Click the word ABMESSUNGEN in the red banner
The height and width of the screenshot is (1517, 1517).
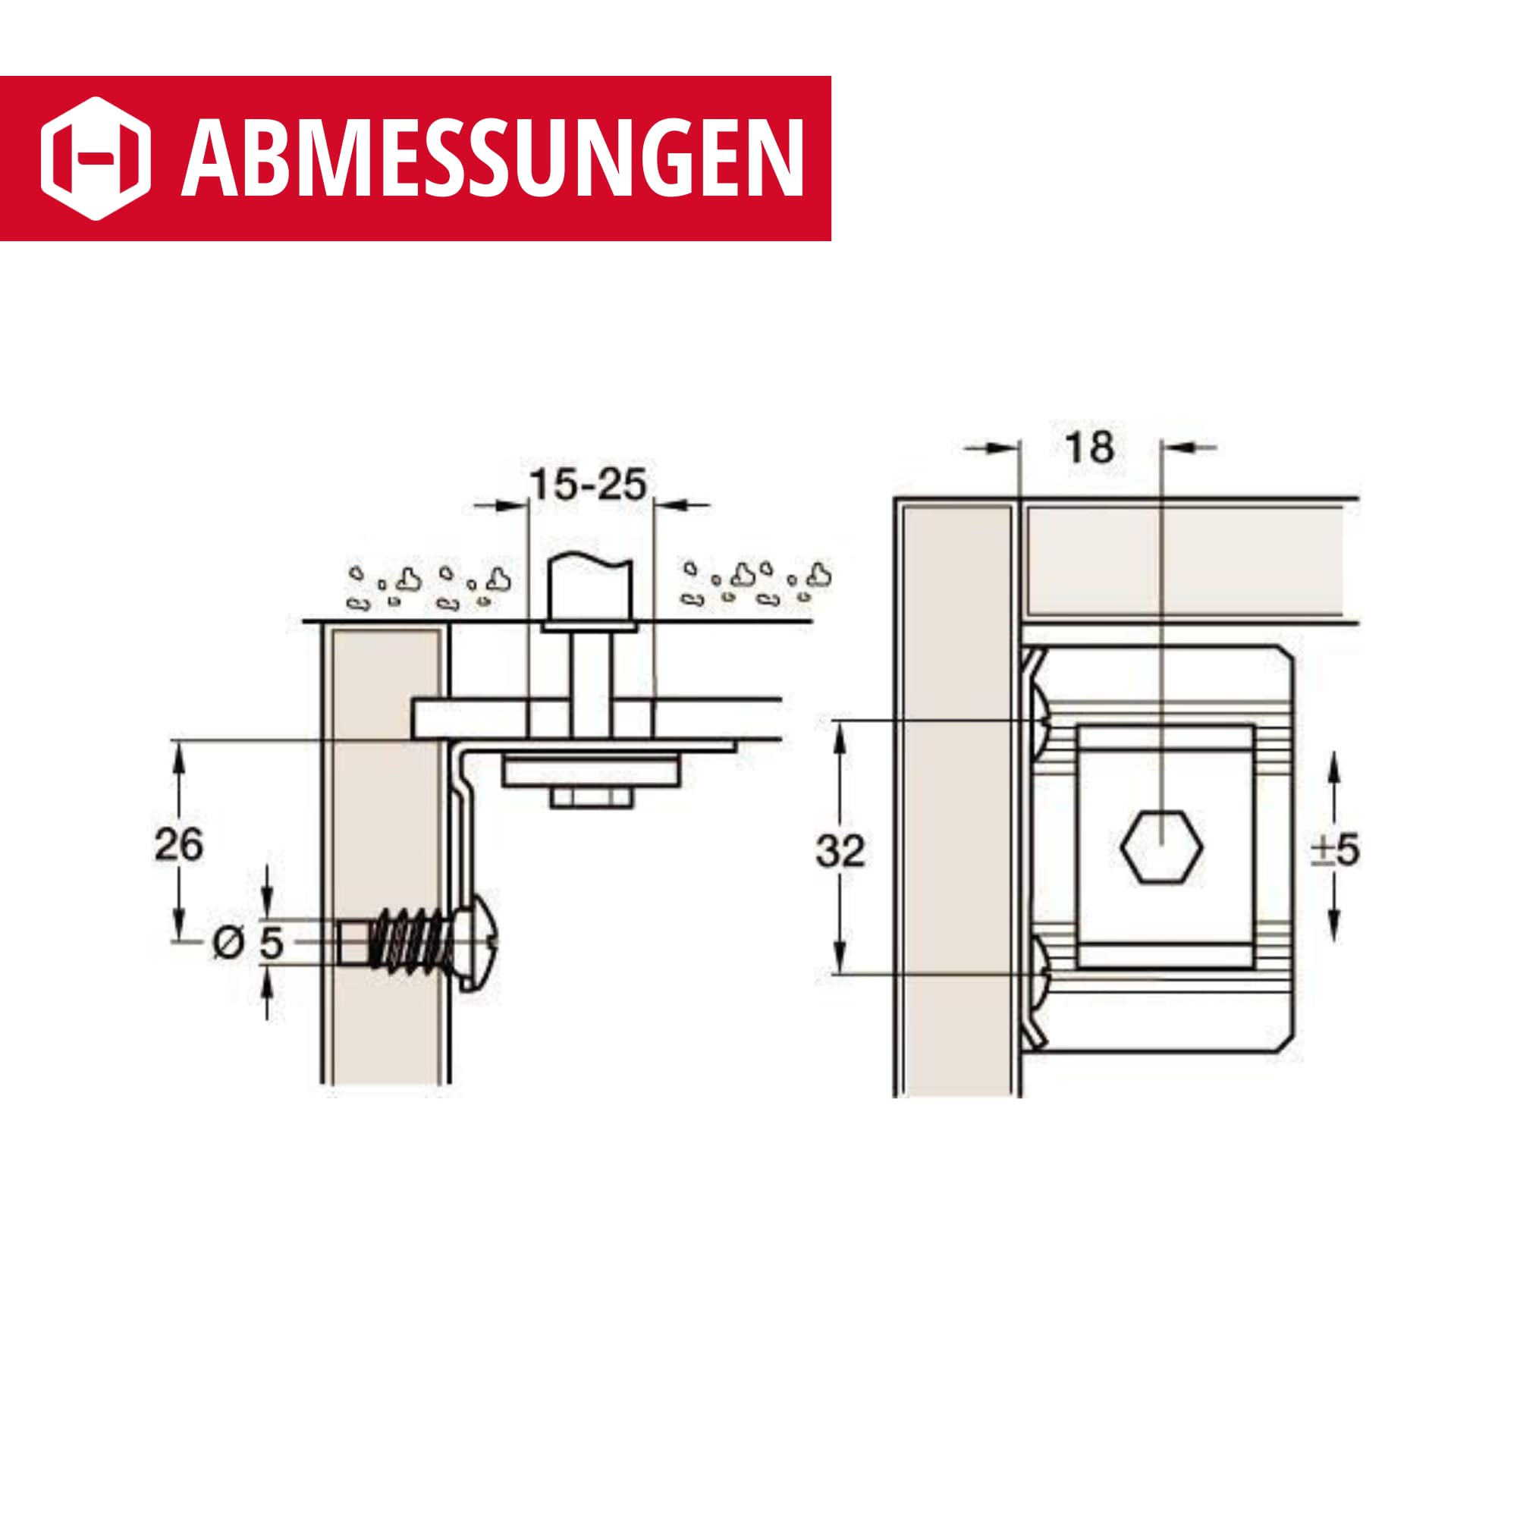[x=493, y=158]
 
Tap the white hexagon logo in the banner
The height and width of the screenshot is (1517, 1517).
[x=96, y=159]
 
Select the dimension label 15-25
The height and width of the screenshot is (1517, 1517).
[x=589, y=485]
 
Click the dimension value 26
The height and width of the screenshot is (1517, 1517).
[x=178, y=845]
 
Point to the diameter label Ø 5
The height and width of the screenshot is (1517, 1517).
[x=248, y=942]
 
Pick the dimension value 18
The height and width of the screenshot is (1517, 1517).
[x=1089, y=448]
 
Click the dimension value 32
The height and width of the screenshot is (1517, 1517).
[x=840, y=851]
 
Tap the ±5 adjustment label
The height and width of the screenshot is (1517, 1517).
[x=1335, y=850]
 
